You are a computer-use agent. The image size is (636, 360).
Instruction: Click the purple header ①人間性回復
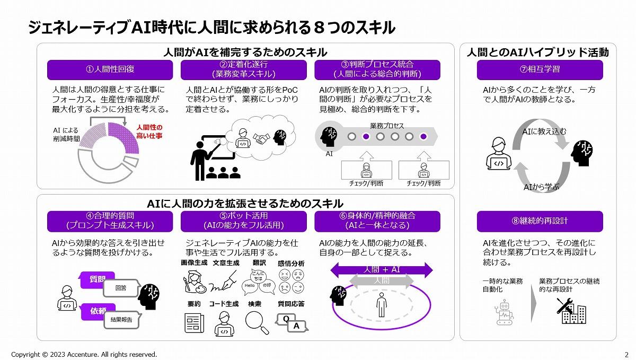pyautogui.click(x=110, y=69)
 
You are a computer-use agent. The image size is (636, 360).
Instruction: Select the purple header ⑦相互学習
pyautogui.click(x=540, y=69)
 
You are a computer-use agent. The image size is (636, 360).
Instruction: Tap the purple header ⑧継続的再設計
pyautogui.click(x=540, y=221)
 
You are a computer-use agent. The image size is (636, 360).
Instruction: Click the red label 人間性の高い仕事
pyautogui.click(x=149, y=131)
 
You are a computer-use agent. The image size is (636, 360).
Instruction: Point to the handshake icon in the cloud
pyautogui.click(x=261, y=139)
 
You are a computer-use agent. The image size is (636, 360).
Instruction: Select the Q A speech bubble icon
pyautogui.click(x=291, y=323)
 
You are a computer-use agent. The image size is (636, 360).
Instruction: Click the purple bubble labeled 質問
pyautogui.click(x=97, y=279)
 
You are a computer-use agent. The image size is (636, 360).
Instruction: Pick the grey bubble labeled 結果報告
pyautogui.click(x=122, y=320)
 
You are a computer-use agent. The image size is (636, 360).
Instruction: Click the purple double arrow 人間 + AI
pyautogui.click(x=382, y=270)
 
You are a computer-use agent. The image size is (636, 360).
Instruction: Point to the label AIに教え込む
pyautogui.click(x=544, y=131)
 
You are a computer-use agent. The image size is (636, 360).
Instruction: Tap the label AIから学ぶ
pyautogui.click(x=541, y=187)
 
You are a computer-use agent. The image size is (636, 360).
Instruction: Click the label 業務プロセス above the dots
pyautogui.click(x=387, y=126)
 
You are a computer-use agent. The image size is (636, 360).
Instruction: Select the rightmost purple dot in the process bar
pyautogui.click(x=423, y=137)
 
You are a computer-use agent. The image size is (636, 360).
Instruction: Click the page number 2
pyautogui.click(x=626, y=355)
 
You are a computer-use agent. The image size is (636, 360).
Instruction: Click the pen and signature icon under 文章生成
pyautogui.click(x=223, y=282)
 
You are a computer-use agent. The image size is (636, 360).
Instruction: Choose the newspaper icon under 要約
pyautogui.click(x=194, y=323)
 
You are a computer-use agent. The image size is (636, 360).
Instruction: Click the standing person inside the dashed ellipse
pyautogui.click(x=381, y=305)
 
